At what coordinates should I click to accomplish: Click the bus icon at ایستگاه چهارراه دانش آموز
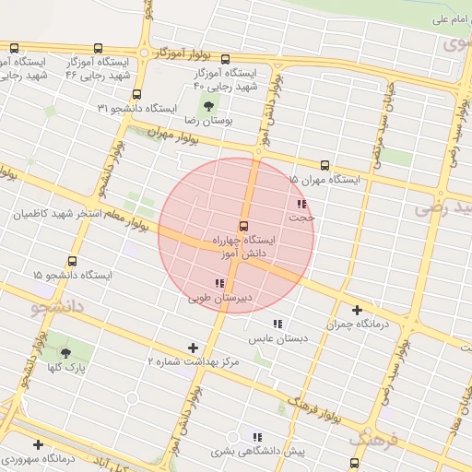[x=244, y=226]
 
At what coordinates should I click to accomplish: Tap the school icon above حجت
[x=301, y=204]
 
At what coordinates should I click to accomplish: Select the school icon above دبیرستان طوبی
[x=218, y=283]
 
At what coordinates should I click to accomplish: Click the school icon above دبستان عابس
[x=277, y=324]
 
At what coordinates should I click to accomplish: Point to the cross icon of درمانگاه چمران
[x=357, y=311]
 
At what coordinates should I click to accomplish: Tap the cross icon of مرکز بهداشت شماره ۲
[x=193, y=348]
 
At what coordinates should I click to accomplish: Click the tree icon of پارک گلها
[x=65, y=352]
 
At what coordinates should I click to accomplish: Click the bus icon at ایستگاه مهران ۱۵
[x=324, y=166]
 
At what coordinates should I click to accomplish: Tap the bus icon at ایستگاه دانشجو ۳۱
[x=137, y=94]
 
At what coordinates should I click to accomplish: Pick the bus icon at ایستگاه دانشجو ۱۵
[x=73, y=261]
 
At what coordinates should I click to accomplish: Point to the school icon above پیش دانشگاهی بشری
[x=257, y=437]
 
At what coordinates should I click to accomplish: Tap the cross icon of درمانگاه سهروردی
[x=38, y=443]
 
